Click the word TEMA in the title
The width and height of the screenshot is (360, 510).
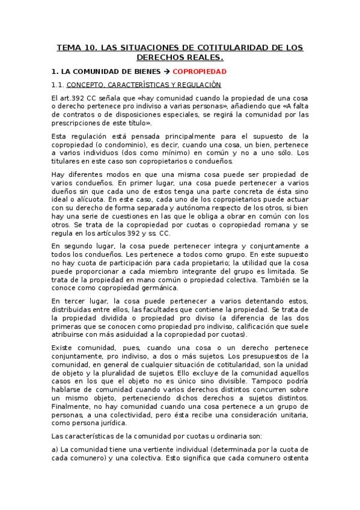[69, 47]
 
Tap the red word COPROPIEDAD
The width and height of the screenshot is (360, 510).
[200, 71]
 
